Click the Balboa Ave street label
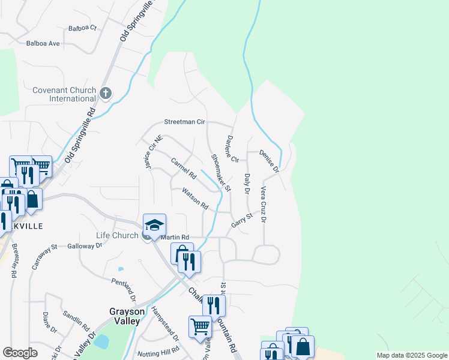tap(43, 43)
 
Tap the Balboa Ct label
tap(82, 28)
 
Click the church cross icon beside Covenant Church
tap(106, 92)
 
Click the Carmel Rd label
tap(184, 168)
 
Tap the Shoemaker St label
tap(220, 172)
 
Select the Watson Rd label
tap(196, 199)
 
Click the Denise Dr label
tap(270, 161)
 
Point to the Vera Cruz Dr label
tap(263, 204)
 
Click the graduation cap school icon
tap(154, 225)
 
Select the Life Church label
tap(117, 236)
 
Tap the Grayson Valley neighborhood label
tap(124, 316)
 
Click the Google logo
tap(20, 353)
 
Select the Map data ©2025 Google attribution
tap(412, 355)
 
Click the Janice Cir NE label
tap(154, 154)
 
